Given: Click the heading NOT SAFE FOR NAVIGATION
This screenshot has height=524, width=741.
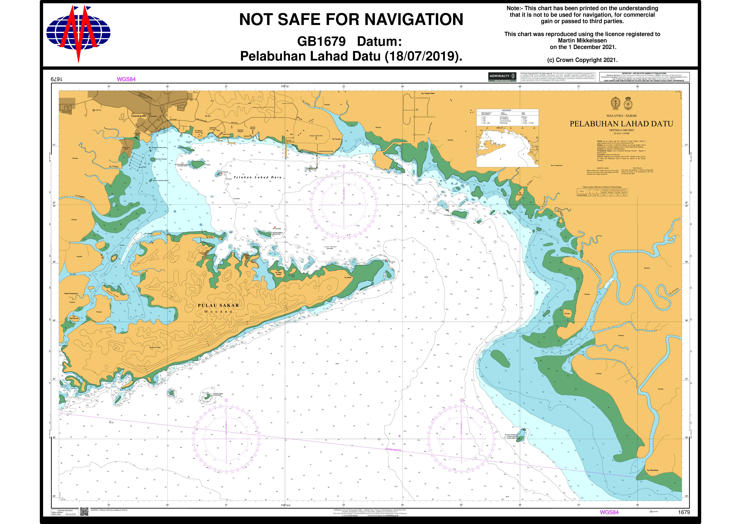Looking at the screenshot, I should pyautogui.click(x=351, y=19).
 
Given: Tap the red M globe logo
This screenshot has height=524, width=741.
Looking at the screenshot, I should pyautogui.click(x=78, y=32).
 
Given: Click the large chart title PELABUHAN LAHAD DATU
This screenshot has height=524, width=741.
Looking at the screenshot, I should pyautogui.click(x=621, y=124).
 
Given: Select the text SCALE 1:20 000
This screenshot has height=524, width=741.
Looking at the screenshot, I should pyautogui.click(x=621, y=133).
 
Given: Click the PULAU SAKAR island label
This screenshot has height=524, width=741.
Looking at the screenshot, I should pyautogui.click(x=218, y=305).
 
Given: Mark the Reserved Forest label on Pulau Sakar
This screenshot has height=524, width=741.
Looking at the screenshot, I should pyautogui.click(x=155, y=348).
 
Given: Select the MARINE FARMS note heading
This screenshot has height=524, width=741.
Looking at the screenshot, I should pyautogui.click(x=603, y=168).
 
